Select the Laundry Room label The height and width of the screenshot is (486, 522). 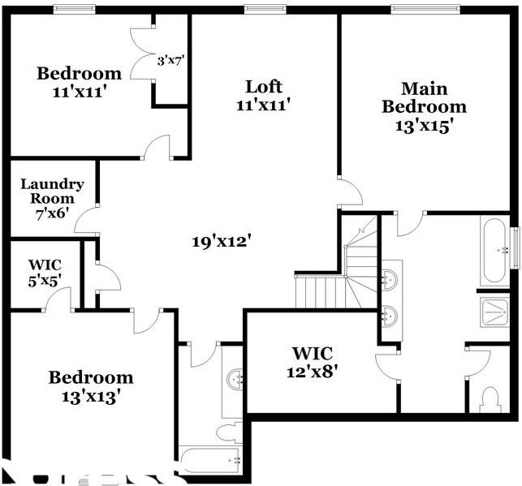click(x=47, y=198)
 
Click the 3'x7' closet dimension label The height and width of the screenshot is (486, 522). click(x=171, y=60)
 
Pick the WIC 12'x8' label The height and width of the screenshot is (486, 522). click(x=312, y=362)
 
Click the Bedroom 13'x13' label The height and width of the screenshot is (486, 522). click(x=90, y=387)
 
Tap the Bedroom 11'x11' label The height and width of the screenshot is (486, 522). click(x=79, y=82)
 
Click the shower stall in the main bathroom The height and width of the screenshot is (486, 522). click(x=494, y=310)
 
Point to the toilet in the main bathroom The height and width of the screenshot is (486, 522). click(x=490, y=398)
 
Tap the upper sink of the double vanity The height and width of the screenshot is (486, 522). click(x=390, y=277)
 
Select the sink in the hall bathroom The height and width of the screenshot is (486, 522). click(x=235, y=378)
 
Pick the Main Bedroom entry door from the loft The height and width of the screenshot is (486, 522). click(x=350, y=193)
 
